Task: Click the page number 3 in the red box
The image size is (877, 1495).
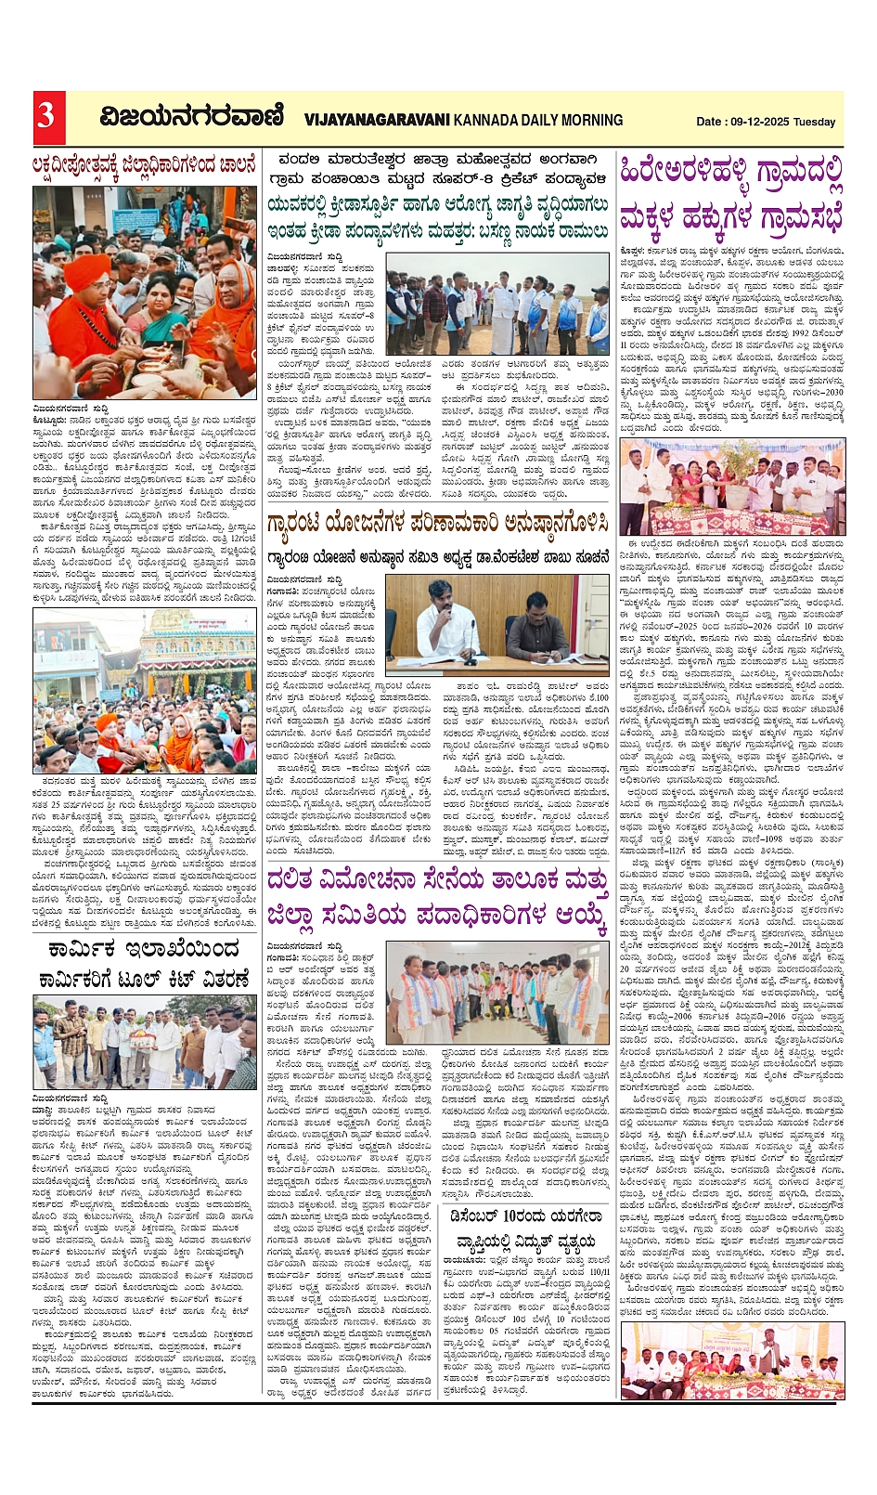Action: pyautogui.click(x=45, y=115)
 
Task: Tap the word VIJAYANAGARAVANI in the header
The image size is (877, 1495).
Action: pyautogui.click(x=377, y=120)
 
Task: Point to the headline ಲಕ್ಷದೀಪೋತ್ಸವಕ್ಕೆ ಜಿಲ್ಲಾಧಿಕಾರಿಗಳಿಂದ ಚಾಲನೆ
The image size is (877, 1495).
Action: pyautogui.click(x=145, y=167)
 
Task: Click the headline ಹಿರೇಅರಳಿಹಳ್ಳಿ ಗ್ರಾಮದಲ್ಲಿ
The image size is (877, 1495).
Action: pyautogui.click(x=731, y=174)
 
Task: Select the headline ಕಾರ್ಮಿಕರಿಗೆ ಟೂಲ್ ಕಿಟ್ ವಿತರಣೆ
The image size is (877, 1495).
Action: pyautogui.click(x=145, y=980)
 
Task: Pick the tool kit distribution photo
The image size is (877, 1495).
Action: pyautogui.click(x=145, y=1042)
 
